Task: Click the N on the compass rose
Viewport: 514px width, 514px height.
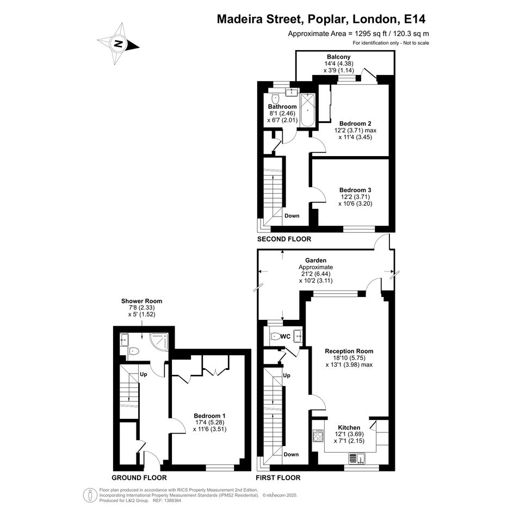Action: (119, 44)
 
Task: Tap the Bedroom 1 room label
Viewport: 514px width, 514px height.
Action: (209, 416)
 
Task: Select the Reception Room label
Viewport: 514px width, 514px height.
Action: (349, 351)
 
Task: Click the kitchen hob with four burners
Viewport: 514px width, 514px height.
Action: (318, 436)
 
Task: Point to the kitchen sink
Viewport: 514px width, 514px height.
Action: (357, 458)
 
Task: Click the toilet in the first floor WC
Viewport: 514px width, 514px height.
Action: (275, 336)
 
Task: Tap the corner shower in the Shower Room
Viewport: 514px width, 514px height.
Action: (159, 342)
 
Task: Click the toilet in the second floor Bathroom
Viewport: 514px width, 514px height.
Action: (275, 98)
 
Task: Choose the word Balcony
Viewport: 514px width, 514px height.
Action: (339, 57)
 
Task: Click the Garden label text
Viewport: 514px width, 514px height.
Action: (315, 261)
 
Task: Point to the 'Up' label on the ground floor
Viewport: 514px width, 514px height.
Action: (143, 374)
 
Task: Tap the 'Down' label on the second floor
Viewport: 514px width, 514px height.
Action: (292, 216)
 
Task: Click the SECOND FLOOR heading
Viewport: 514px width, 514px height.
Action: (284, 239)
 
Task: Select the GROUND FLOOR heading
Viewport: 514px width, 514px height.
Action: (139, 478)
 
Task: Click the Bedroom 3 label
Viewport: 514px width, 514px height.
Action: (355, 190)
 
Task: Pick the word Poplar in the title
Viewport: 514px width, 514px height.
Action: (326, 19)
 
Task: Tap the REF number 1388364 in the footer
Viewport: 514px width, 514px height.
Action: (173, 500)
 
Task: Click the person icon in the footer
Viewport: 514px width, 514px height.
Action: (90, 496)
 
